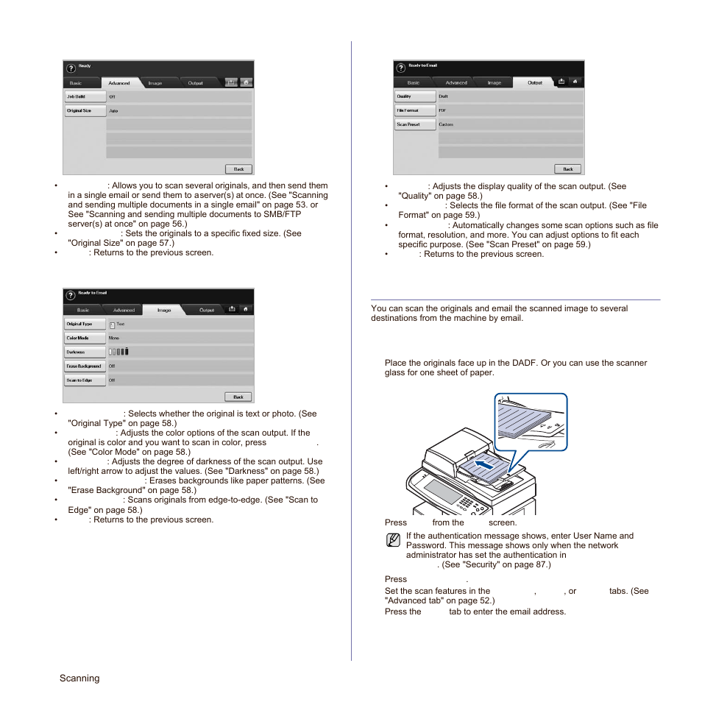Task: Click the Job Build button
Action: click(85, 96)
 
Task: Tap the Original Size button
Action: click(85, 110)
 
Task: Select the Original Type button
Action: click(85, 325)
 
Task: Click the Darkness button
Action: click(85, 352)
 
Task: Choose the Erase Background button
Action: click(85, 366)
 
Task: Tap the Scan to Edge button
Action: click(85, 380)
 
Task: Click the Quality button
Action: click(415, 96)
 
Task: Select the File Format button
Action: click(415, 110)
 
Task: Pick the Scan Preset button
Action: click(415, 124)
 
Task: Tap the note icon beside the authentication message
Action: click(393, 541)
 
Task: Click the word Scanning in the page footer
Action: click(79, 678)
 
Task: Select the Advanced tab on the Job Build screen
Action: click(119, 83)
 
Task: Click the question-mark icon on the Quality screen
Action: click(400, 67)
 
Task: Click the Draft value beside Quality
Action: click(444, 96)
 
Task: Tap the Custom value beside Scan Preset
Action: click(446, 124)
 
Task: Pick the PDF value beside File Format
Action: click(442, 110)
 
